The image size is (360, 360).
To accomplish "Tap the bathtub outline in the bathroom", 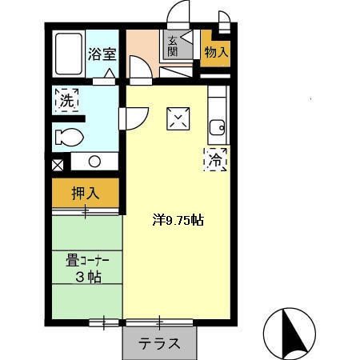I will tap(67, 54).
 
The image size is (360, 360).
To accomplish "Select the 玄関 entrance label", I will tap(174, 46).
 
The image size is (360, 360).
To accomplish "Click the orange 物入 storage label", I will tap(215, 53).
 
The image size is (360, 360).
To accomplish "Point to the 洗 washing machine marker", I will tap(66, 102).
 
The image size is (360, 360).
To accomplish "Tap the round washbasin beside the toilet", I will tap(94, 161).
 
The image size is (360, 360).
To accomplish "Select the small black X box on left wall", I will tap(58, 166).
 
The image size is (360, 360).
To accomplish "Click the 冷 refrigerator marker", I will tap(215, 159).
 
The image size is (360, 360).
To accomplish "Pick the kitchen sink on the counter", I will tap(216, 126).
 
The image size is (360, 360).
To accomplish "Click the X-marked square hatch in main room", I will tap(177, 118).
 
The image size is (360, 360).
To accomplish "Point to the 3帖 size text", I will tap(87, 277).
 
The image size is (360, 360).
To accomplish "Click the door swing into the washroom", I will tap(130, 118).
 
